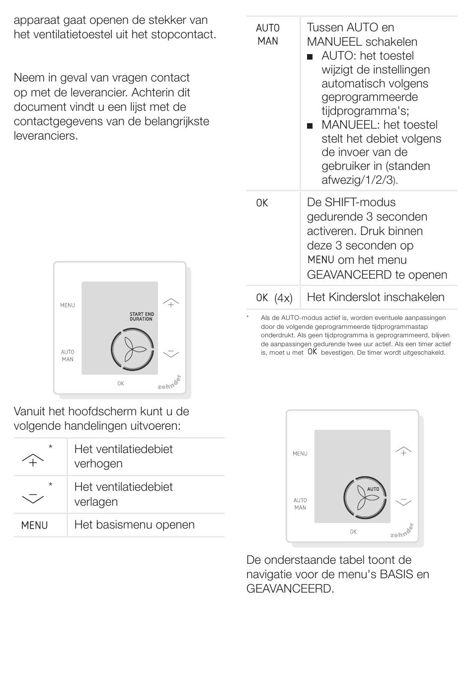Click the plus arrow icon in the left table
pyautogui.click(x=33, y=460)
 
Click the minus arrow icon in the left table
pyautogui.click(x=33, y=497)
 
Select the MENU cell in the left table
pyautogui.click(x=34, y=526)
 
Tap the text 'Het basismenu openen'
pyautogui.click(x=134, y=525)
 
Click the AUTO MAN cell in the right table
pyautogui.click(x=268, y=35)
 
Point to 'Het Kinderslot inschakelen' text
pyautogui.click(x=376, y=297)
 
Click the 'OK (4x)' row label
pyautogui.click(x=274, y=298)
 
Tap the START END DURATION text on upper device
pyautogui.click(x=142, y=316)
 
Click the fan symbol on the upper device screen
pyautogui.click(x=132, y=350)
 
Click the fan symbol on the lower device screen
pyautogui.click(x=365, y=498)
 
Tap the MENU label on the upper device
pyautogui.click(x=68, y=305)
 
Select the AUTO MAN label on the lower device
pyautogui.click(x=300, y=504)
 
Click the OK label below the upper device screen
pyautogui.click(x=121, y=383)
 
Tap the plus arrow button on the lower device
pyautogui.click(x=403, y=451)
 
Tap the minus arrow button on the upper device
pyautogui.click(x=170, y=353)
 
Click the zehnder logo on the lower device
pyautogui.click(x=401, y=532)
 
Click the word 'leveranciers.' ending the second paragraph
pyautogui.click(x=46, y=136)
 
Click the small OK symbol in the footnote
pyautogui.click(x=312, y=352)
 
